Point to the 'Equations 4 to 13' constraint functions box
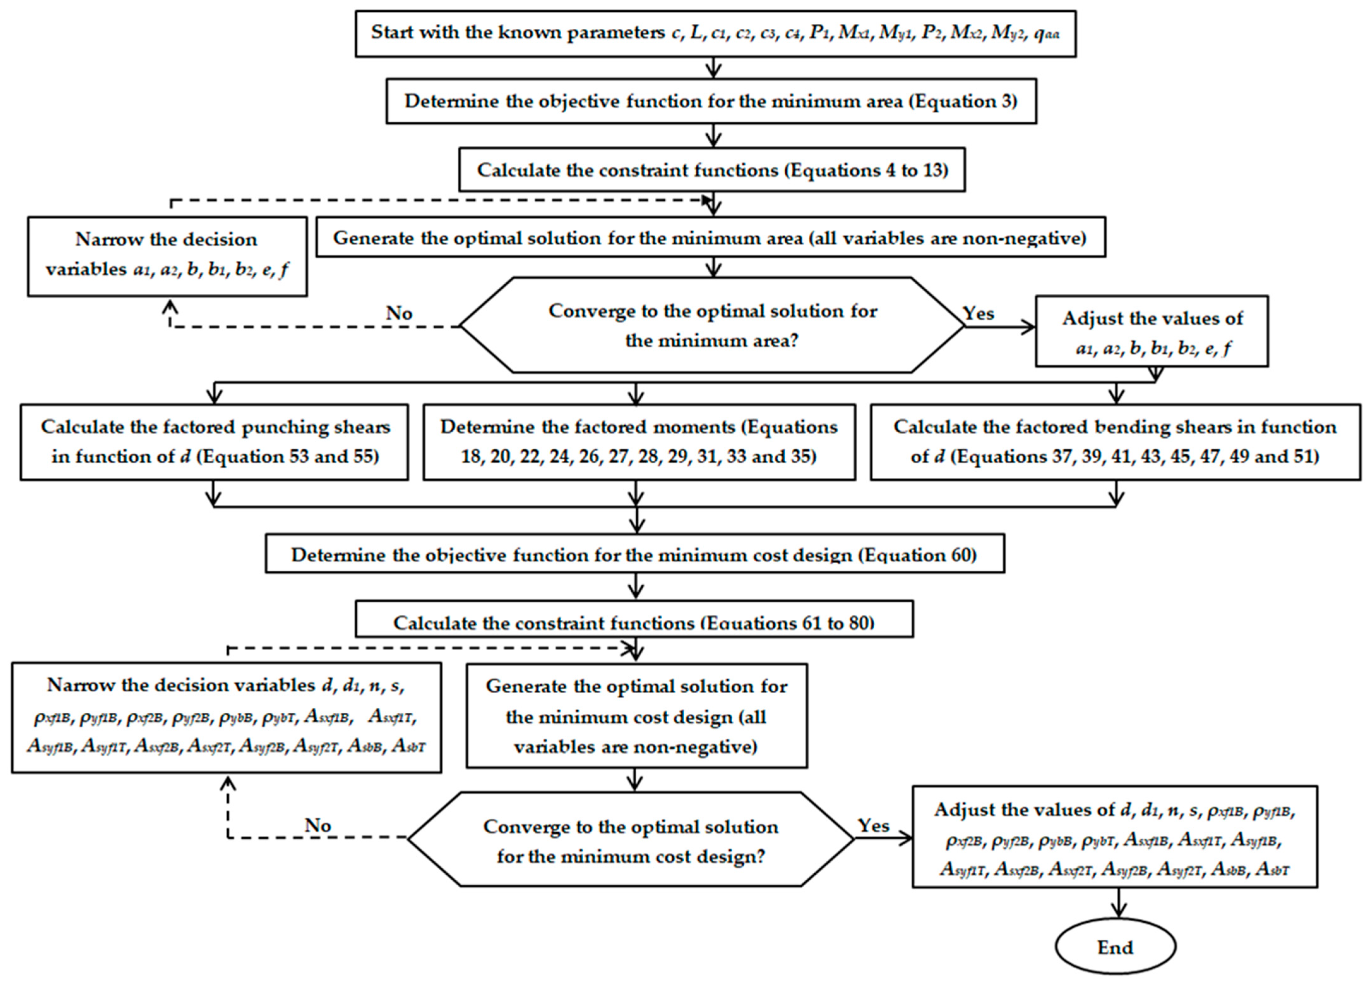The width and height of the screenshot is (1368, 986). [x=712, y=170]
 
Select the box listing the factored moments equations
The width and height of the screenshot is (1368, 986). [x=639, y=442]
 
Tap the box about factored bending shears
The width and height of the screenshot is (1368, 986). [x=1115, y=442]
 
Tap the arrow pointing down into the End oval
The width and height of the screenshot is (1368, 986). [x=1120, y=905]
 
